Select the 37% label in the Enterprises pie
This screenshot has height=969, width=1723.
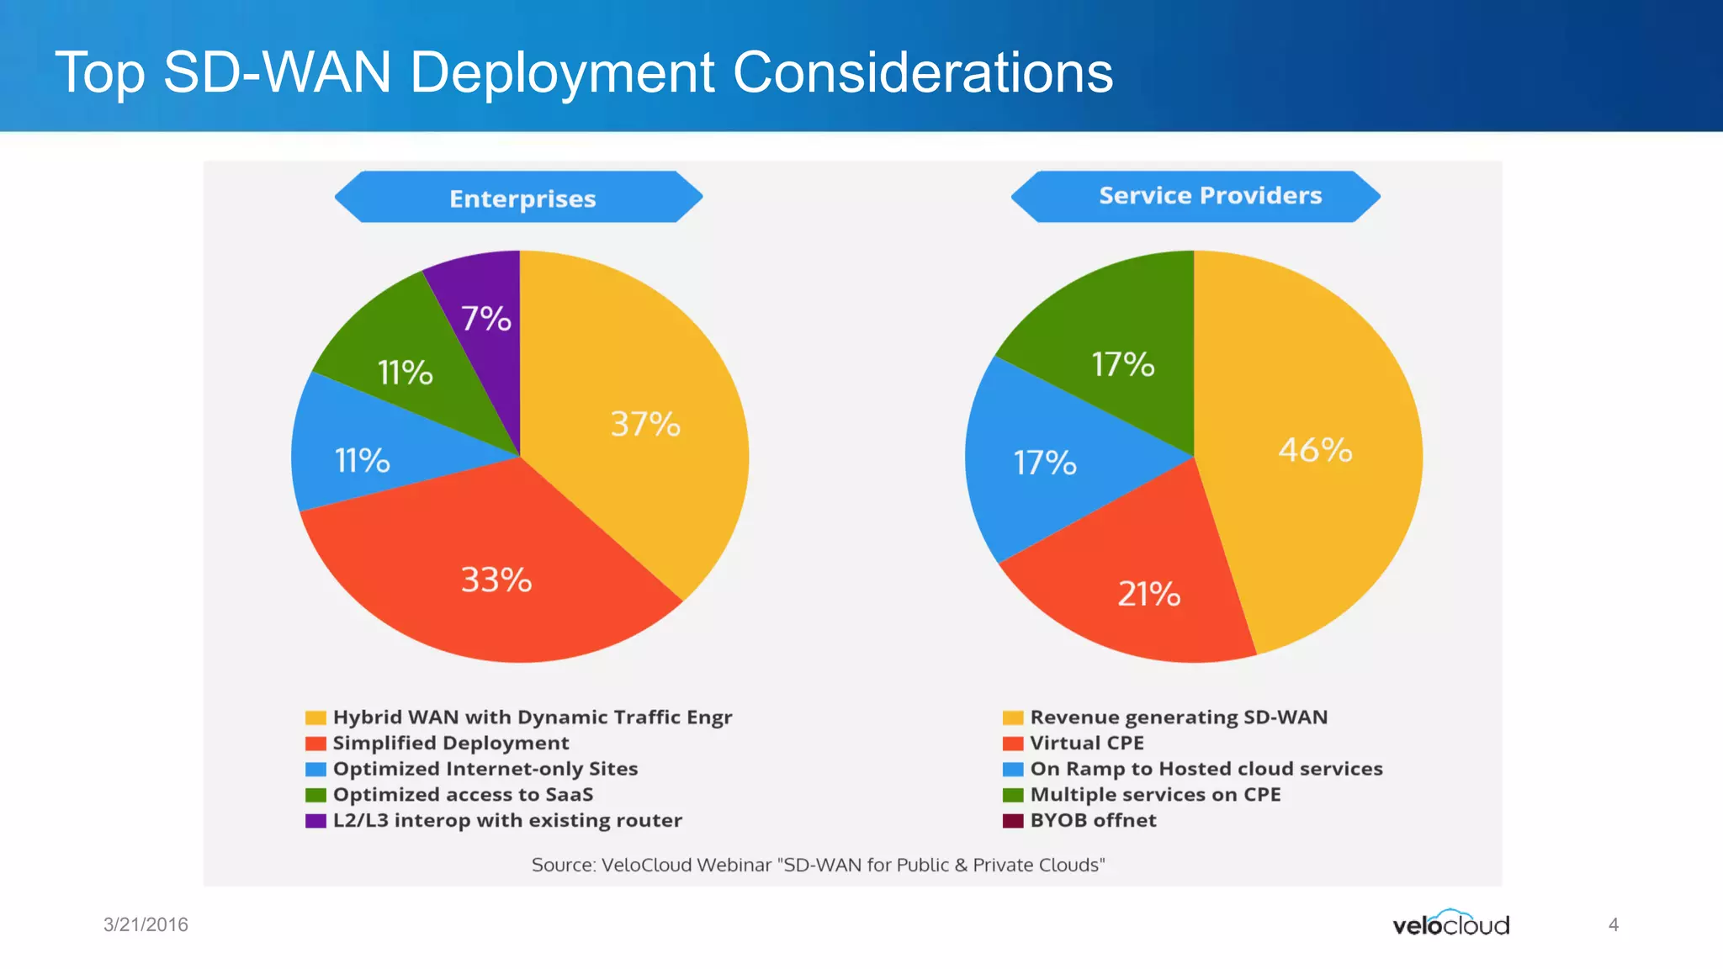(x=645, y=424)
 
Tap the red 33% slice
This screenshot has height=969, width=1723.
(x=496, y=580)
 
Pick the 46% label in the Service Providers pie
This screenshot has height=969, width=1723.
(x=1315, y=450)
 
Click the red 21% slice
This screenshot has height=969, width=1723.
(x=1148, y=594)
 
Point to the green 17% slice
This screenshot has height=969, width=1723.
(x=1122, y=363)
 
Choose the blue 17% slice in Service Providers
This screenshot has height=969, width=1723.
(x=1044, y=463)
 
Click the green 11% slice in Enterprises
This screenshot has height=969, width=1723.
(x=405, y=372)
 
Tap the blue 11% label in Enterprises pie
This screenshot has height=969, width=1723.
(x=362, y=460)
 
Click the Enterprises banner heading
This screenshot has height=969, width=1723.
(x=522, y=199)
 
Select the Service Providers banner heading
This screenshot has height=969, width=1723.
(x=1210, y=196)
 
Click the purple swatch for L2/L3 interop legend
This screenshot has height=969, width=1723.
(x=315, y=821)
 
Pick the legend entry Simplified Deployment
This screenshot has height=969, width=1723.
(x=450, y=744)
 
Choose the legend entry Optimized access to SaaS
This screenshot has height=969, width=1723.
(x=463, y=795)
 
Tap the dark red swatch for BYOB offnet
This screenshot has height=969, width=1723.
(x=1013, y=821)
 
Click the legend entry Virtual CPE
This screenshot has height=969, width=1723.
(x=1086, y=744)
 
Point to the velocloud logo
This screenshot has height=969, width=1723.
(x=1450, y=924)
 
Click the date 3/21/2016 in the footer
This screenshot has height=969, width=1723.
(x=146, y=924)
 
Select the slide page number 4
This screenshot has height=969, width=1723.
(x=1613, y=924)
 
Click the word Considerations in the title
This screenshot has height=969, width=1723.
(x=923, y=72)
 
